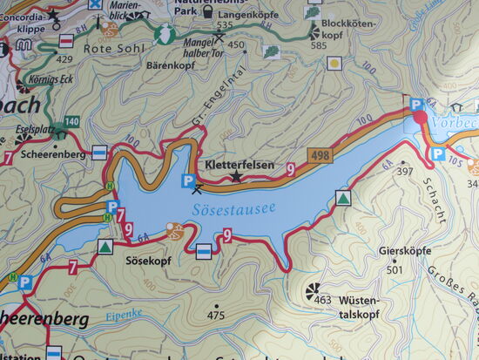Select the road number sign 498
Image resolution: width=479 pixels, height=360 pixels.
click(318, 155)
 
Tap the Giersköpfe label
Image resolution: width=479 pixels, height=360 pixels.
click(405, 251)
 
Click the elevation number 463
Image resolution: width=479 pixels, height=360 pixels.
click(323, 300)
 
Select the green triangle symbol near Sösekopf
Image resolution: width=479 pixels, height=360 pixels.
click(105, 248)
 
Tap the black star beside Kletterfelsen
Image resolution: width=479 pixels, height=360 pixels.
click(237, 177)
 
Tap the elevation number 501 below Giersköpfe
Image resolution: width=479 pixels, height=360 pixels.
click(393, 269)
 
